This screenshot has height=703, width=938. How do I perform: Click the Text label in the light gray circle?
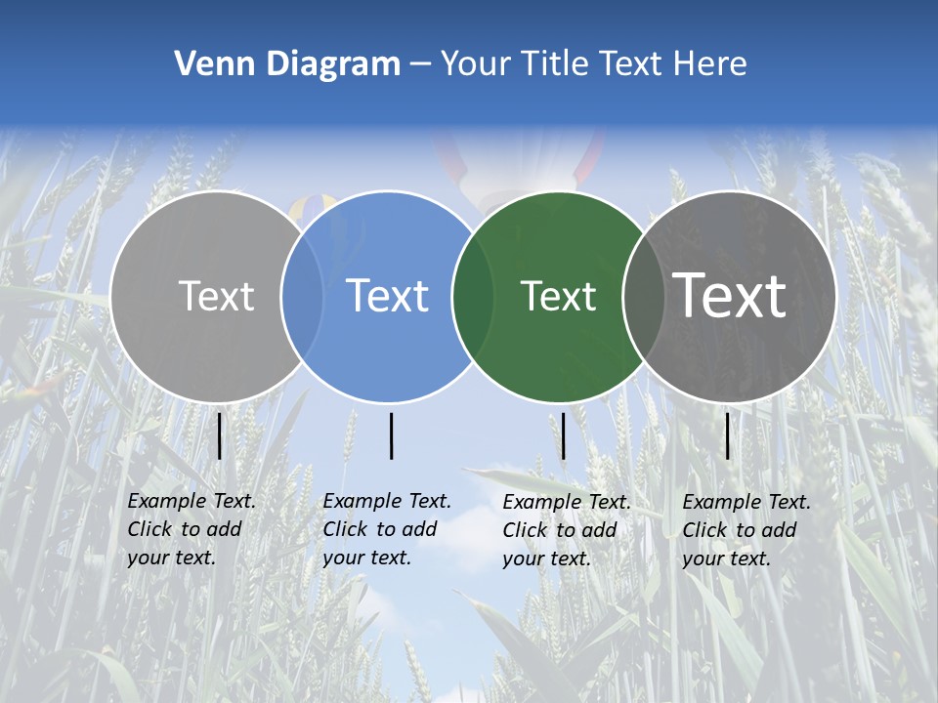216,296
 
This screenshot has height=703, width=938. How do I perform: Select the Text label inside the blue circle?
387,296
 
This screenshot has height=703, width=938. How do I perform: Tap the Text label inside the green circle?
558,296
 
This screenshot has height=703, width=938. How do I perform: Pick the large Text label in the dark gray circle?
730,296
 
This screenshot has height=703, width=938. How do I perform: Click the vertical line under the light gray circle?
219,435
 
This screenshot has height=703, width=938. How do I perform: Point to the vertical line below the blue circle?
391,435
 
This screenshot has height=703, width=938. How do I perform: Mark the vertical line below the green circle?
563,435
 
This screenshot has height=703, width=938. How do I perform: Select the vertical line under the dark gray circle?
727,435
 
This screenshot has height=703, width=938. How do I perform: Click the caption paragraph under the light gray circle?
191,529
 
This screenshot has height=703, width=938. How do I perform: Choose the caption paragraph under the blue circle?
386,529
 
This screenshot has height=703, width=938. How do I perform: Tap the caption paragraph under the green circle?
566,530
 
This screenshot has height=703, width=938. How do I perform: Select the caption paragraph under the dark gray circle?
746,530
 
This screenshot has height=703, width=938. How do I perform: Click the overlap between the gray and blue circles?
302,296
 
